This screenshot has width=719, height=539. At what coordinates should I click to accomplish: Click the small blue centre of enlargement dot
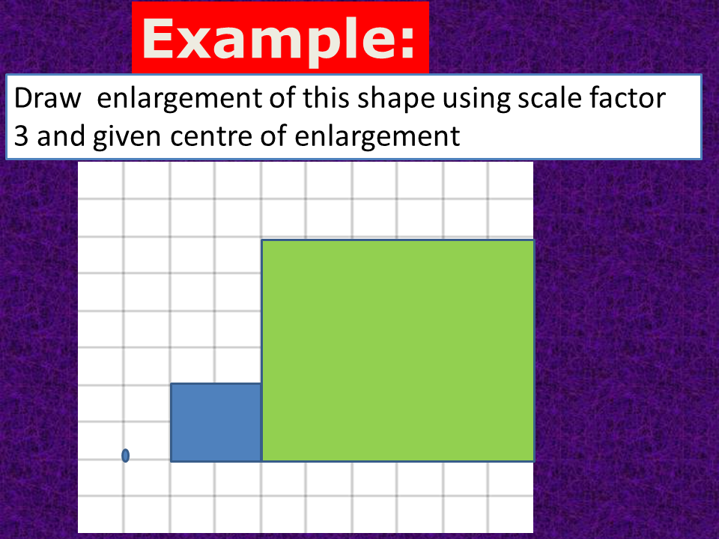[125, 455]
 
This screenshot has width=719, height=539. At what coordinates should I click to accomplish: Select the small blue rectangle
[216, 422]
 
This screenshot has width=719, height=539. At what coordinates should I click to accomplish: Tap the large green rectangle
[398, 350]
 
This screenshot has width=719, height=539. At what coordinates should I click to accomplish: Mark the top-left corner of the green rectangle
[261, 240]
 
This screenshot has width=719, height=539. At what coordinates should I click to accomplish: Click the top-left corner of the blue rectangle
[172, 384]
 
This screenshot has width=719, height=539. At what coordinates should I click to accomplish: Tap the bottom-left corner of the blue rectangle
[172, 461]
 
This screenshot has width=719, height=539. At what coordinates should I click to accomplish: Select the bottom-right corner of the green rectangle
[533, 460]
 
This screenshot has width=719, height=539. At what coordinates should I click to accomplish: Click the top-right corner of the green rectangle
[533, 240]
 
